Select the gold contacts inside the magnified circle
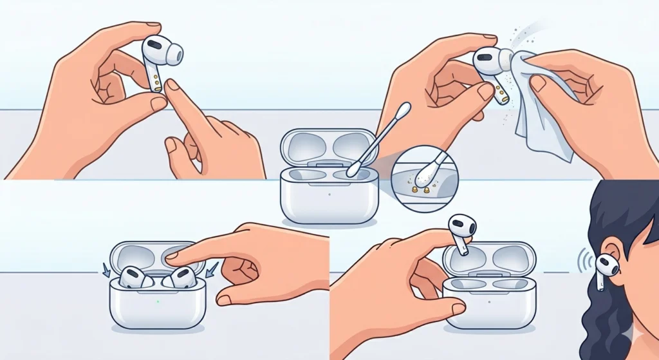pos(420,189)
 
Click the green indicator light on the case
pos(157,301)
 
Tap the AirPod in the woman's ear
pos(604,267)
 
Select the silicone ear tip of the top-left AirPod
pos(173,53)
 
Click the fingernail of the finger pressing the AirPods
pos(172,256)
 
